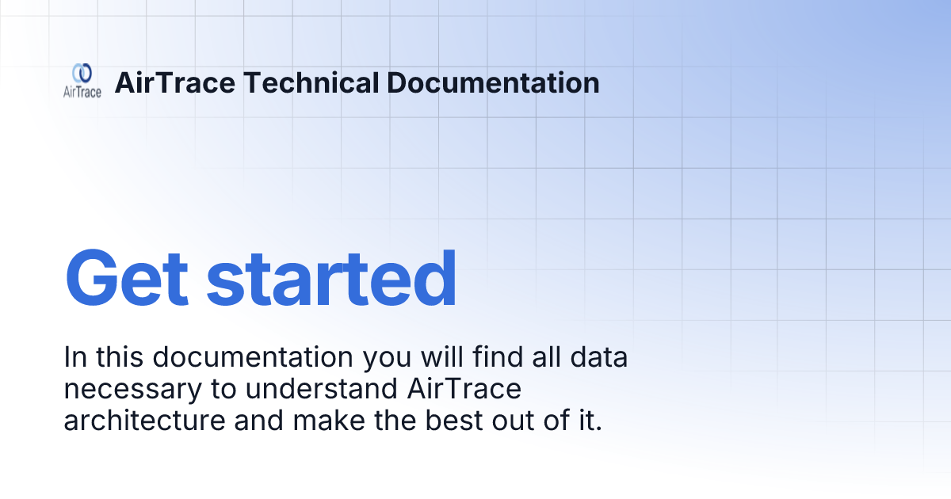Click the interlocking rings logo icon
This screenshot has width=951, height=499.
tap(82, 73)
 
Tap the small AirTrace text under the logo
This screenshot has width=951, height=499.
tap(82, 92)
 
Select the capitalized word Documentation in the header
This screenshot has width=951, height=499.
tap(495, 82)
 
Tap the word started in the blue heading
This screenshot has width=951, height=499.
tap(331, 279)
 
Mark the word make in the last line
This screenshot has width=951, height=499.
tap(327, 421)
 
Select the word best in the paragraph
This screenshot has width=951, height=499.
tap(450, 421)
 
